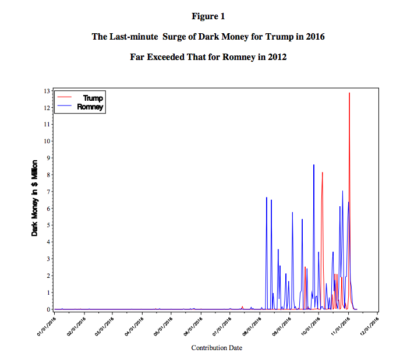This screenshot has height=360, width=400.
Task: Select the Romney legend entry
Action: point(90,107)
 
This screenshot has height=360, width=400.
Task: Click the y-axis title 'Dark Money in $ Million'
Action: point(35,197)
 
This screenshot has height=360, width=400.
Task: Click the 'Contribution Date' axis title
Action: point(217,348)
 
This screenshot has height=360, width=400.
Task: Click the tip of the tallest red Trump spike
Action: point(349,93)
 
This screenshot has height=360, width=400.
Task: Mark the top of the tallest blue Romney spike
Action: point(314,165)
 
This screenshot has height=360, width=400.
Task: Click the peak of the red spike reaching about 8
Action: point(322,172)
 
